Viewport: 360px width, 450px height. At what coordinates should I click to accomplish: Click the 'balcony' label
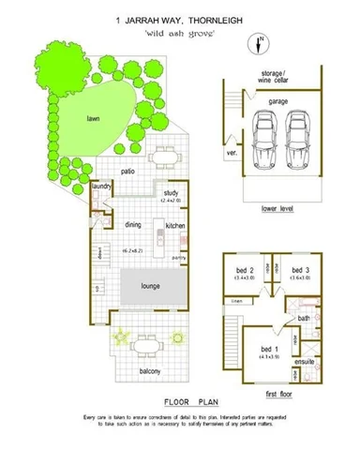(150, 371)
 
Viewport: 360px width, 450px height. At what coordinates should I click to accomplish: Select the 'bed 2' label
(247, 270)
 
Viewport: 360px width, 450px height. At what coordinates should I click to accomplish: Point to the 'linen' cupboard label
(238, 300)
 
